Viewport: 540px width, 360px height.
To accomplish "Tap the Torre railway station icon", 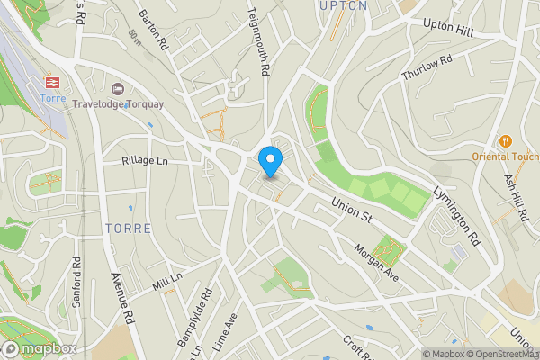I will click(52, 83).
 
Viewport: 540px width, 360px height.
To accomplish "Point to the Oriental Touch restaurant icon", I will click(506, 141).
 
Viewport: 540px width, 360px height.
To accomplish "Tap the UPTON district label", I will click(343, 5).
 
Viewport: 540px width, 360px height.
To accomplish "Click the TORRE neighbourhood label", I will click(128, 228).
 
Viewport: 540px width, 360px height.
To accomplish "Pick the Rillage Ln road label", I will click(145, 161).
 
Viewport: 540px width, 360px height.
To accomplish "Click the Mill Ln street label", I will click(167, 283).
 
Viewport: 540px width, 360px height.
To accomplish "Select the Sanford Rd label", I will click(77, 283).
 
